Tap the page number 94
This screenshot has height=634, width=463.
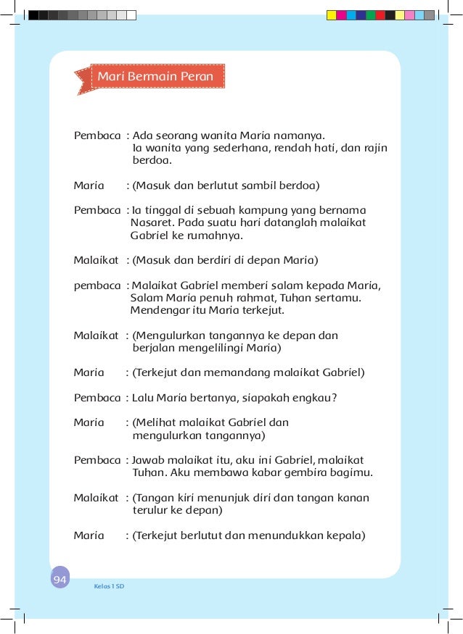point(60,580)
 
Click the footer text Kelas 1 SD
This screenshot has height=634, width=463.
point(109,585)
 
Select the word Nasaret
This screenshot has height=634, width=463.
point(152,222)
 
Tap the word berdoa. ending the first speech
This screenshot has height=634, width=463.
point(152,162)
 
